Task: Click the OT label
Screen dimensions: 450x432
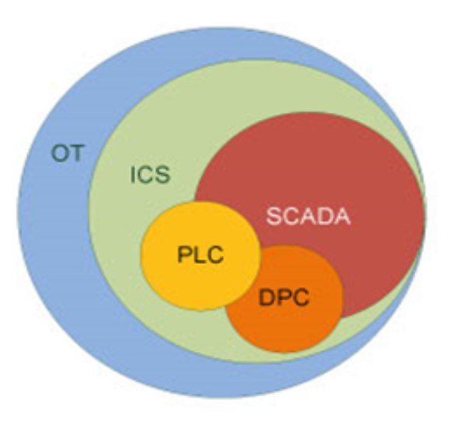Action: [68, 153]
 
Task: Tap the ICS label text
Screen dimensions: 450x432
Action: [150, 175]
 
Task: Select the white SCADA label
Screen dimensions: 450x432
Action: [309, 216]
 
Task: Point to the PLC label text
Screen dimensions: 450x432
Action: [201, 254]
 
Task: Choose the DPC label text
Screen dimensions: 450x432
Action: [284, 297]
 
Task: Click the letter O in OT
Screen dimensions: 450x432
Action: [59, 153]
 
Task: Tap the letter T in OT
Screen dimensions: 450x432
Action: [77, 153]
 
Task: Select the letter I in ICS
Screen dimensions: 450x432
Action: [133, 175]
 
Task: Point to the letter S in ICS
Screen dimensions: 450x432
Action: [162, 175]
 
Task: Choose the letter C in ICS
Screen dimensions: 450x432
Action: [145, 175]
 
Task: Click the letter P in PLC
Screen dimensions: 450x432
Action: [184, 255]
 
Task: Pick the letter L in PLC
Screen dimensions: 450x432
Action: [198, 255]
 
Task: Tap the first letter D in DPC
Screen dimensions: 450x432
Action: [267, 297]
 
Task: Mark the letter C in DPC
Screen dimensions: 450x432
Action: [301, 297]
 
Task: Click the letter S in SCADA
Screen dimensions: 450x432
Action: [274, 216]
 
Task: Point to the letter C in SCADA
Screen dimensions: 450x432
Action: [291, 216]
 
